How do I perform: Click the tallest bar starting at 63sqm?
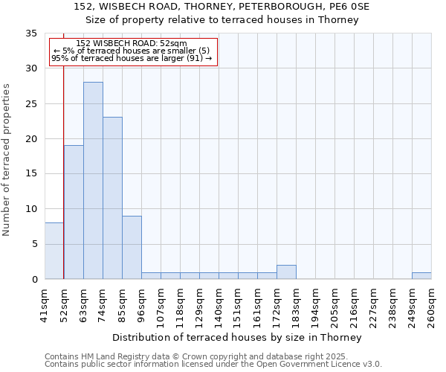[93, 180]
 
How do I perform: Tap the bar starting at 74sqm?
[112, 198]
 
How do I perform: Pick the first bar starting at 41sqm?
[54, 251]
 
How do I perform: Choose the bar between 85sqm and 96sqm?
[132, 247]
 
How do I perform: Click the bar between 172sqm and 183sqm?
[286, 272]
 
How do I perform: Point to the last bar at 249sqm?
[421, 276]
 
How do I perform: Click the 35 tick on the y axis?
[31, 33]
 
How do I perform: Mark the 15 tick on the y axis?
[31, 174]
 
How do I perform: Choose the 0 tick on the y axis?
[34, 280]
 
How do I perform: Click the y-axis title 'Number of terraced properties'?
[7, 160]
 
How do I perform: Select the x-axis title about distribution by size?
[238, 337]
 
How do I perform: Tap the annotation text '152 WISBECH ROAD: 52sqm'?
[132, 44]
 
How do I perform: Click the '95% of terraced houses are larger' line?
[132, 58]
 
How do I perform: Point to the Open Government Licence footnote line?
[213, 364]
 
